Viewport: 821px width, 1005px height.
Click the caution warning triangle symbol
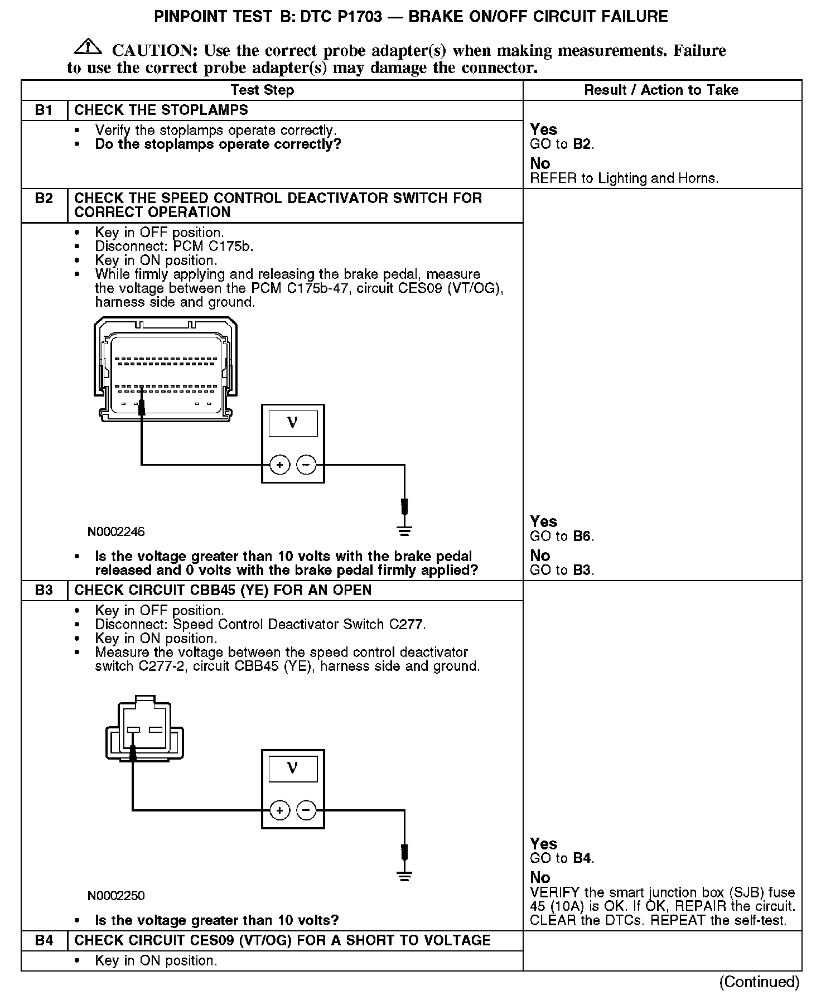tap(88, 47)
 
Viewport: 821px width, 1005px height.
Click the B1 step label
tap(44, 110)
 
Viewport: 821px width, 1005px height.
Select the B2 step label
tap(44, 199)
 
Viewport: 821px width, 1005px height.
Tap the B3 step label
tap(44, 590)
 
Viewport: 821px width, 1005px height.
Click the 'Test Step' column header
tap(262, 90)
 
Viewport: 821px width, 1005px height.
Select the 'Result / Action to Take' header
tap(661, 90)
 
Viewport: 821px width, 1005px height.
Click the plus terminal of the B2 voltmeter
tap(279, 464)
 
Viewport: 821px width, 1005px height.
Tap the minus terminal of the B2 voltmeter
tap(306, 464)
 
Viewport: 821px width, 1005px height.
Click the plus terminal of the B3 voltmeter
tap(279, 810)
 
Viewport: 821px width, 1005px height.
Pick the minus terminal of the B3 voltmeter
tap(306, 810)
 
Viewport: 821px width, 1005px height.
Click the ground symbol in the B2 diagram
tap(404, 530)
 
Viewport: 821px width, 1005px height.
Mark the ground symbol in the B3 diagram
tap(404, 876)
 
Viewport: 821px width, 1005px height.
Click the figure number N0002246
tap(116, 532)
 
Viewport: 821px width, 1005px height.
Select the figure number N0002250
tap(116, 896)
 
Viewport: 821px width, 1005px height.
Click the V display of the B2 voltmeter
tap(293, 423)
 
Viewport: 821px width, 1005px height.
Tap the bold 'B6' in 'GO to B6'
tap(582, 537)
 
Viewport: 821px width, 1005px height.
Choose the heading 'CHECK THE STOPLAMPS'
tap(161, 110)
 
